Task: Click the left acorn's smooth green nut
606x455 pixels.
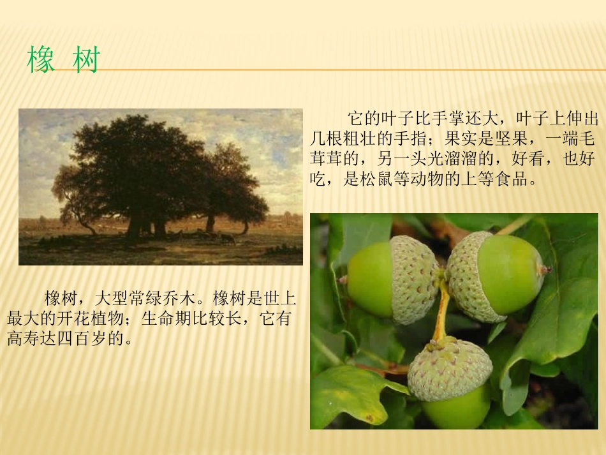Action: click(x=369, y=280)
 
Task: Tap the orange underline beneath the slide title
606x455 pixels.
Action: click(x=351, y=70)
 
